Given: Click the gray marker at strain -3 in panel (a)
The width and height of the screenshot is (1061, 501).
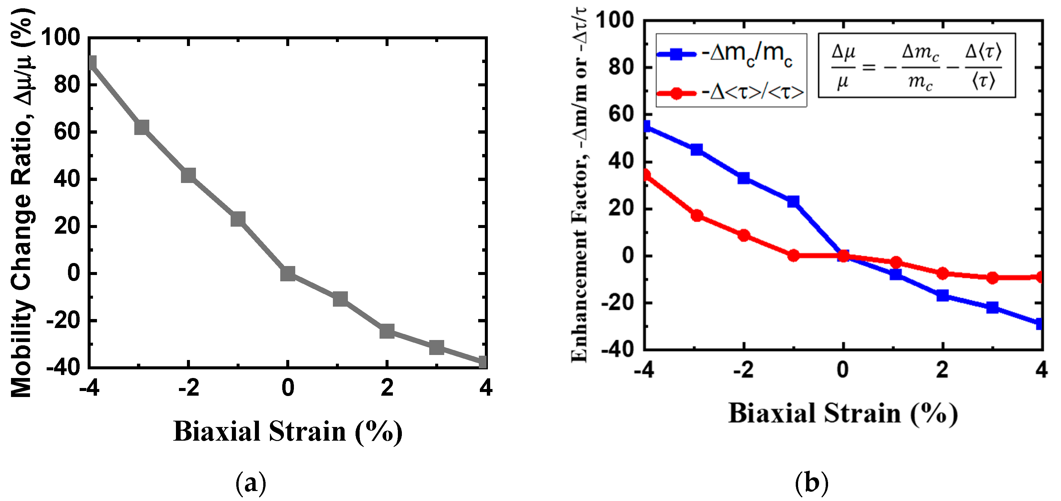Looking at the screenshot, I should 141,127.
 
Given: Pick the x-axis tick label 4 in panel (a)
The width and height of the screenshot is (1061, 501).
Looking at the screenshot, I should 486,388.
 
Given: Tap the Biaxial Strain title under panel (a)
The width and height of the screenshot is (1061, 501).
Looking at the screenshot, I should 288,431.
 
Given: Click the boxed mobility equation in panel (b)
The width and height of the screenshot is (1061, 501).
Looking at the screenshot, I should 916,66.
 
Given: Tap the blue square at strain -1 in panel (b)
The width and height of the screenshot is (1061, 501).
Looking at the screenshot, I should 793,201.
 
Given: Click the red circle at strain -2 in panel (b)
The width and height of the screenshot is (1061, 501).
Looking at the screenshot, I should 743,235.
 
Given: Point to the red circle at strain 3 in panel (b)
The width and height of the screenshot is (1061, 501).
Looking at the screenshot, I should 993,278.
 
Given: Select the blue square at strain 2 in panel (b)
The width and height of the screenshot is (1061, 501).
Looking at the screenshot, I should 942,295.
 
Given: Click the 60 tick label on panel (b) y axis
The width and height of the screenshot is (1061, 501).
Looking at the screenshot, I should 621,114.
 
